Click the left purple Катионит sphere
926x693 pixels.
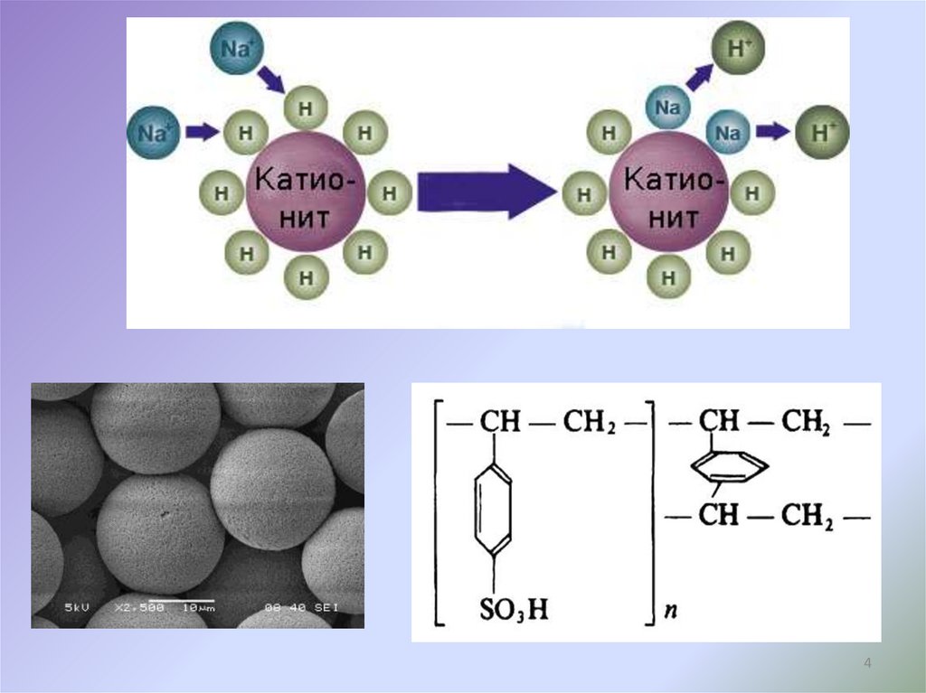[x=304, y=192]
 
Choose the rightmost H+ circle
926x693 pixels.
[x=821, y=133]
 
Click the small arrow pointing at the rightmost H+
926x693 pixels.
[x=771, y=133]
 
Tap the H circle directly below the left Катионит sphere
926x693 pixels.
[x=306, y=277]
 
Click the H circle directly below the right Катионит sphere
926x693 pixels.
[x=669, y=277]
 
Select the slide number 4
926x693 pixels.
[x=868, y=665]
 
